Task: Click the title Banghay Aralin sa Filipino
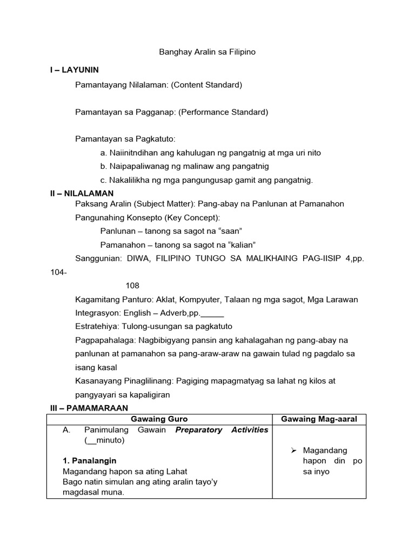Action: click(x=207, y=52)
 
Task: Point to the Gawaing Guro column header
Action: click(x=159, y=419)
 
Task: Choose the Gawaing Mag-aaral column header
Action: click(x=319, y=419)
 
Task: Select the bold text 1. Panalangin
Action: click(x=90, y=461)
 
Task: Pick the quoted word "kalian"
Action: click(x=238, y=245)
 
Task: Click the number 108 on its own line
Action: click(x=132, y=285)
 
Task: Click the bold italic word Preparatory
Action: click(x=200, y=430)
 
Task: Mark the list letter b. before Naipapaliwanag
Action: click(x=104, y=167)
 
